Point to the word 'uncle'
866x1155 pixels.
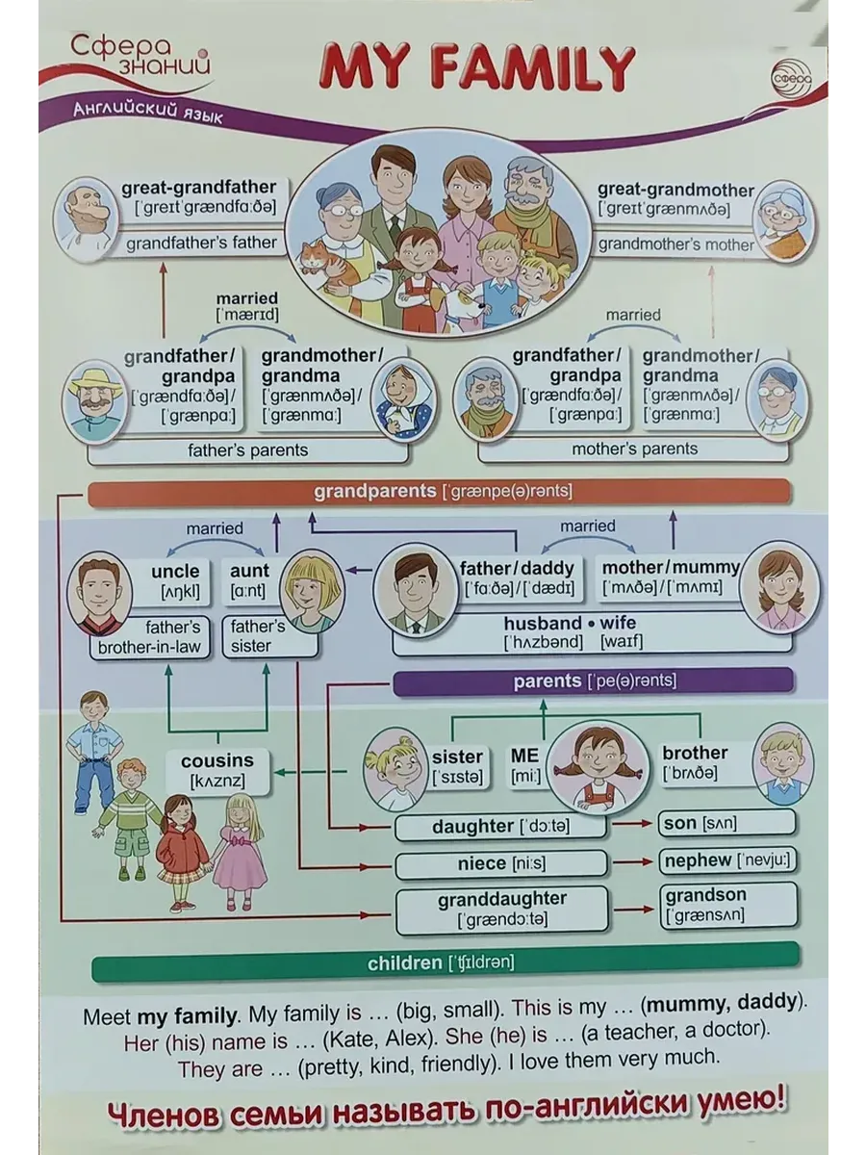[175, 571]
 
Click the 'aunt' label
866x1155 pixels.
[250, 571]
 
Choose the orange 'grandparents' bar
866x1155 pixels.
[443, 492]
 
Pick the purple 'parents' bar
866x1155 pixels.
[594, 681]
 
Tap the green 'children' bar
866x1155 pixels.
[443, 962]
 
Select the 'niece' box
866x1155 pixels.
[500, 863]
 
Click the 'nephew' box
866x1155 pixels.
[729, 860]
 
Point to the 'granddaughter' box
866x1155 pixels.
[500, 909]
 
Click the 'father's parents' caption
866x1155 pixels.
[248, 449]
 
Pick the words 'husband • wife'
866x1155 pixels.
[570, 623]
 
